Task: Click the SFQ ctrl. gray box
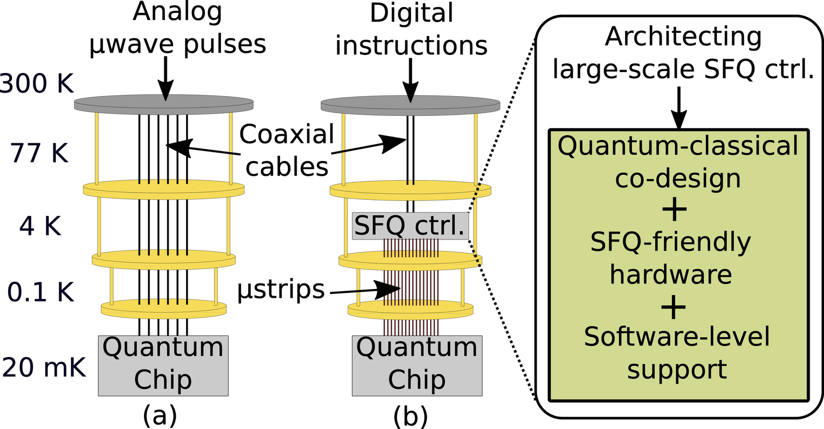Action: (409, 226)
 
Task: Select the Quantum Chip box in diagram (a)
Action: (163, 365)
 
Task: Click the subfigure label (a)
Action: (160, 415)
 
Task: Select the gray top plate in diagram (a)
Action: (164, 104)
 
